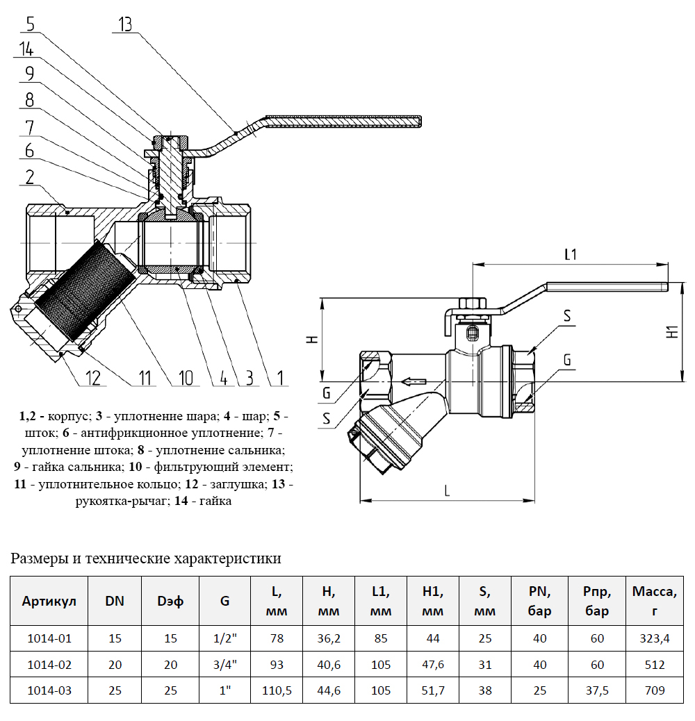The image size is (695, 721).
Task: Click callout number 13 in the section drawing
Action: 125,25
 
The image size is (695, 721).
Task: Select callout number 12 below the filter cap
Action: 93,378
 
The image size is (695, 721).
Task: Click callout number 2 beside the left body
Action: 30,178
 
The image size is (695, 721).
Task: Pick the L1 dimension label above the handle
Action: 570,254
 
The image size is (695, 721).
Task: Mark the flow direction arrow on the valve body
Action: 415,381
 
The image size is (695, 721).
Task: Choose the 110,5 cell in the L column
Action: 277,691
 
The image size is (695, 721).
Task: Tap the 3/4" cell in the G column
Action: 224,665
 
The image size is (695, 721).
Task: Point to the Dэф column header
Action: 170,601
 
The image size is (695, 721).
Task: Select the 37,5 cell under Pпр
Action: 597,691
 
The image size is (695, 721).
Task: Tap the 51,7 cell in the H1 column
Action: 432,691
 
